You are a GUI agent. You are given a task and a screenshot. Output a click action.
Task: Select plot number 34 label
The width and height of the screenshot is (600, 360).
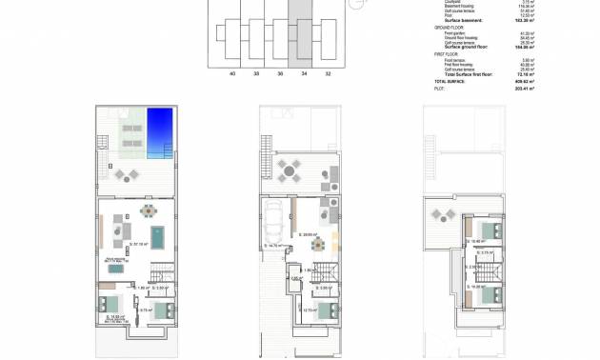[x=304, y=72]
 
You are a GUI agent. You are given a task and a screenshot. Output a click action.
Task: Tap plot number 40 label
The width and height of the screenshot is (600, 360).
[x=230, y=72]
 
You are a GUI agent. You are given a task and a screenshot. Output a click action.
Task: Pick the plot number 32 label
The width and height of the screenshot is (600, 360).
[x=329, y=72]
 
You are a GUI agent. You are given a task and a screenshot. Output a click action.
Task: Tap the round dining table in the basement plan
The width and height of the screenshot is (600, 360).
[x=147, y=210]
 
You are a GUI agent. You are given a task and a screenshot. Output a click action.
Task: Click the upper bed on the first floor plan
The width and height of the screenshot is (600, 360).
[x=491, y=231]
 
